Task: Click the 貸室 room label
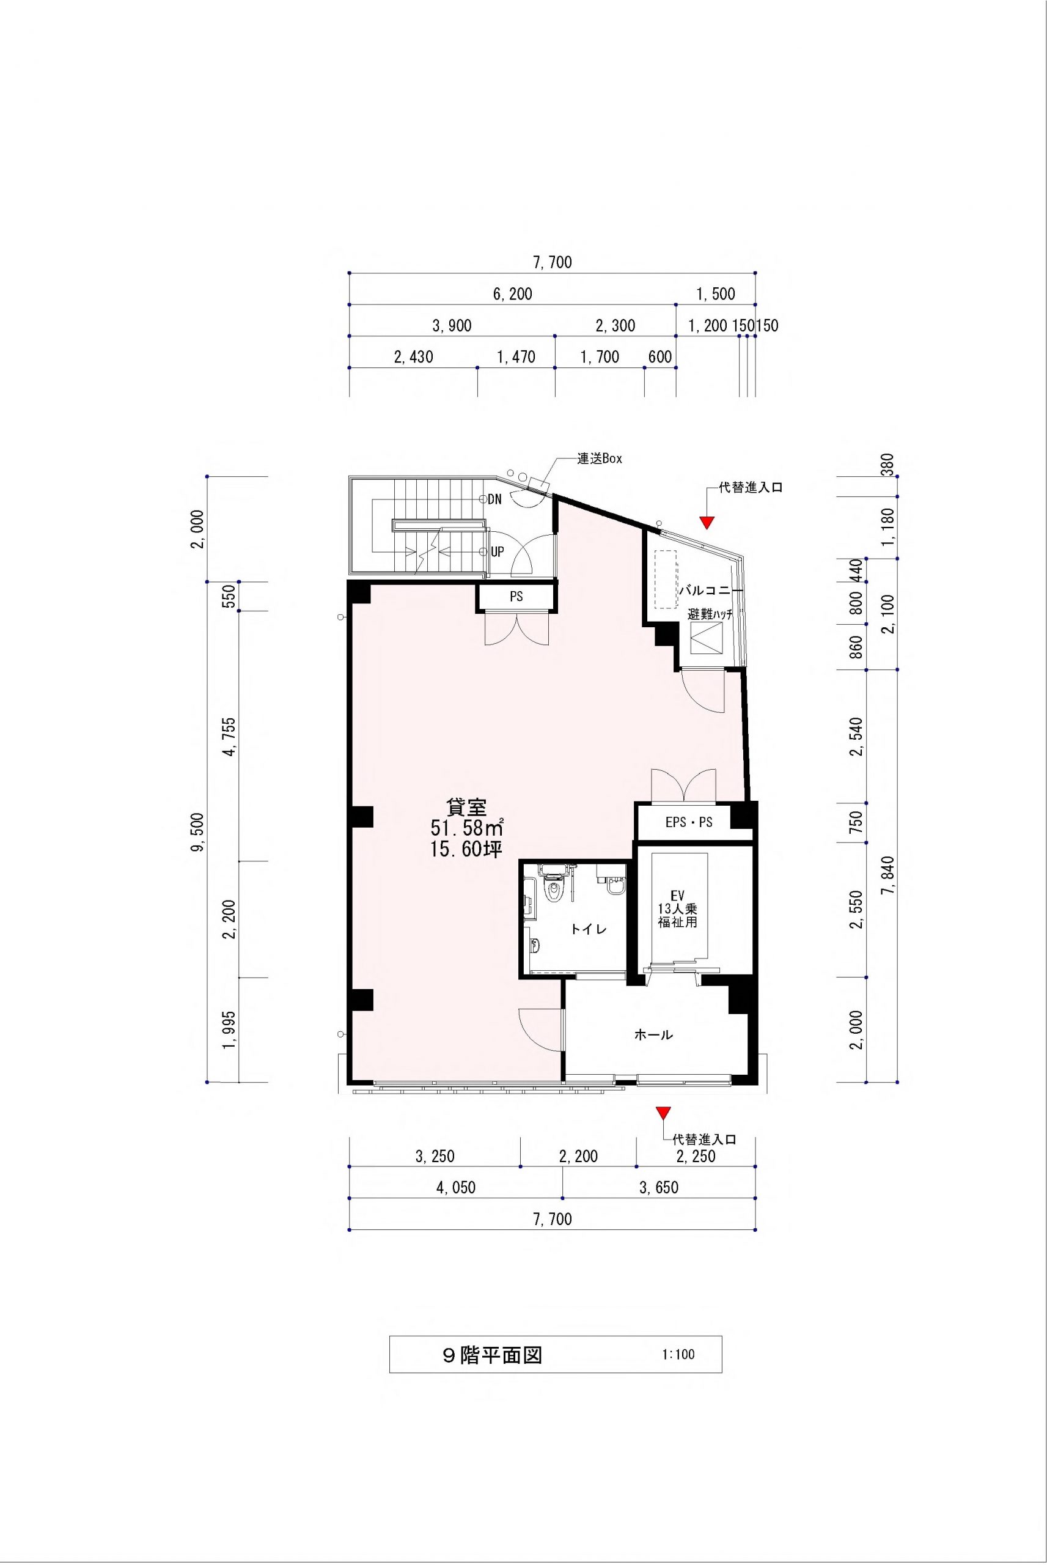point(467,807)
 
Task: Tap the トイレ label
point(588,929)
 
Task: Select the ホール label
point(653,1035)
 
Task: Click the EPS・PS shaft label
point(689,823)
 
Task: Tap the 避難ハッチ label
point(710,615)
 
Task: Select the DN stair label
point(495,499)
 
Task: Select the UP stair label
point(497,552)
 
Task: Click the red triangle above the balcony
point(707,523)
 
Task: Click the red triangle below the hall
point(663,1113)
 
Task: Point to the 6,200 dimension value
point(512,294)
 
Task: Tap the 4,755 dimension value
point(231,737)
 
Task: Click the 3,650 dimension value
point(658,1187)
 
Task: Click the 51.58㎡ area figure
point(467,828)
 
